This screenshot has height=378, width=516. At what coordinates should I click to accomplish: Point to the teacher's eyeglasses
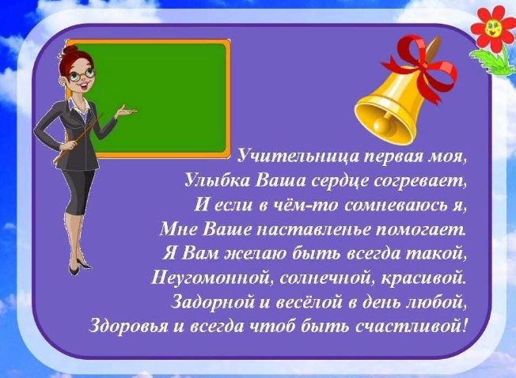point(81,76)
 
